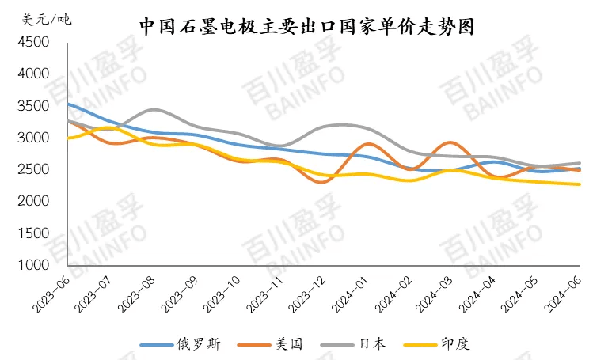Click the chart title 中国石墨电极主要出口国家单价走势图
pyautogui.click(x=306, y=26)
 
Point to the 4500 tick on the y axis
pyautogui.click(x=32, y=42)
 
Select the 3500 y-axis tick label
pyautogui.click(x=32, y=106)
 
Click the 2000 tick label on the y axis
pyautogui.click(x=32, y=202)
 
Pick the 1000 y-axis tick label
pyautogui.click(x=32, y=266)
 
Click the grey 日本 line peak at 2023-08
pyautogui.click(x=154, y=109)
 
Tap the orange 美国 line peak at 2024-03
pyautogui.click(x=450, y=142)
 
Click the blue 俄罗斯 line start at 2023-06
pyautogui.click(x=69, y=104)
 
